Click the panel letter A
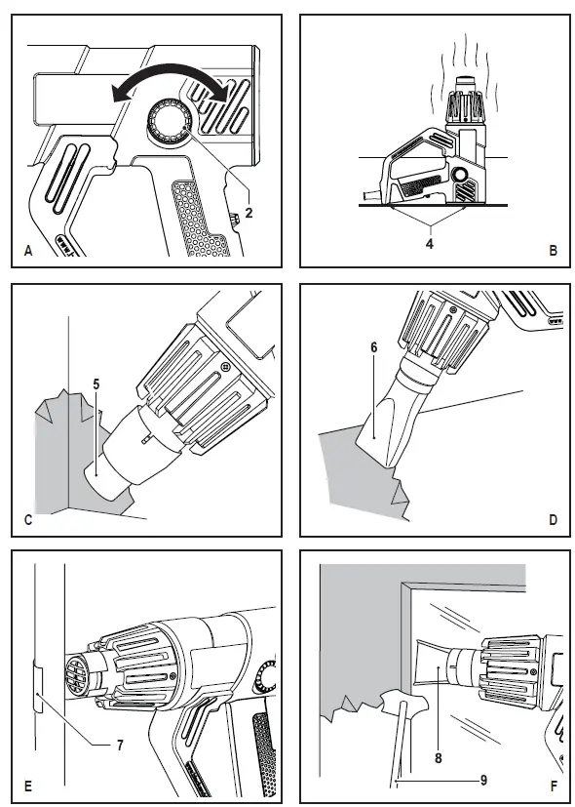click(28, 252)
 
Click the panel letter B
click(553, 252)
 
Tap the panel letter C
click(28, 520)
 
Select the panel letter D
click(553, 520)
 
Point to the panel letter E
click(28, 786)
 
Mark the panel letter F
click(553, 786)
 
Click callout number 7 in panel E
click(119, 746)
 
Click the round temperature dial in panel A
click(169, 123)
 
